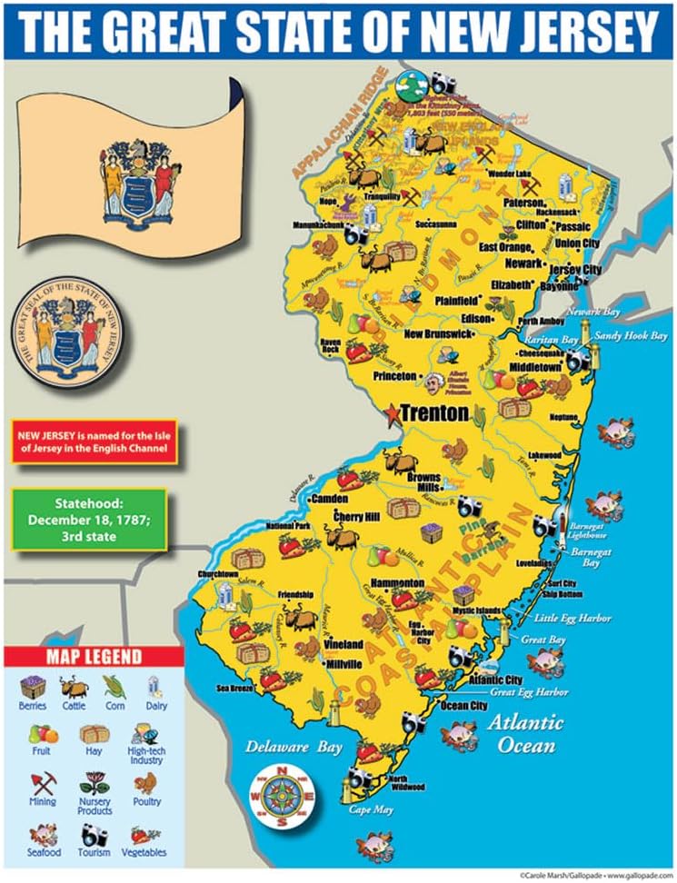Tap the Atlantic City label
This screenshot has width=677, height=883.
point(495,680)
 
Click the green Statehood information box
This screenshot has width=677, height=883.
point(88,520)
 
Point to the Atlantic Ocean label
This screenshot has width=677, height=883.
point(524,733)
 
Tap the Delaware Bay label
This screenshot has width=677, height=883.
point(294,748)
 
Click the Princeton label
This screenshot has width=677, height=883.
point(394,375)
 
